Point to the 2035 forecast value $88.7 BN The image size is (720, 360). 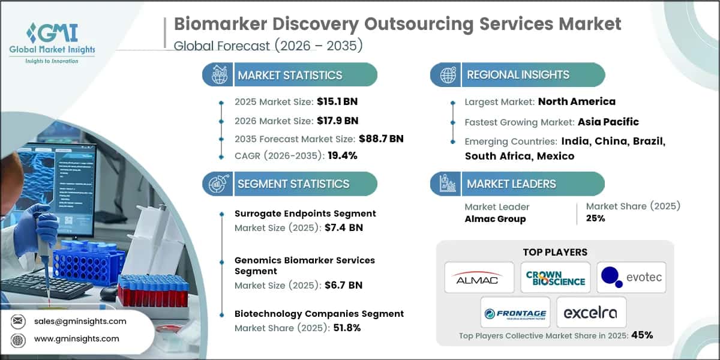(x=381, y=139)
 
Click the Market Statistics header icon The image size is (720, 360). (x=217, y=75)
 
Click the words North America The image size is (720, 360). (x=576, y=101)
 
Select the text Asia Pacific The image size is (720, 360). (x=608, y=122)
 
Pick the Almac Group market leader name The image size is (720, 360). (x=495, y=219)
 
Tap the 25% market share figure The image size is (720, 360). (x=595, y=218)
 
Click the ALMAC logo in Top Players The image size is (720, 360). (x=479, y=277)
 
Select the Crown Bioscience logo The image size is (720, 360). (x=555, y=277)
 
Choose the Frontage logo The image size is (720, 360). (x=515, y=312)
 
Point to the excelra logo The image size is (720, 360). (x=591, y=312)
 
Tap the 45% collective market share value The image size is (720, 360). (x=641, y=335)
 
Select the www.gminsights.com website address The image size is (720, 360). (x=76, y=339)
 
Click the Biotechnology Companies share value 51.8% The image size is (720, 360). (x=342, y=328)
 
